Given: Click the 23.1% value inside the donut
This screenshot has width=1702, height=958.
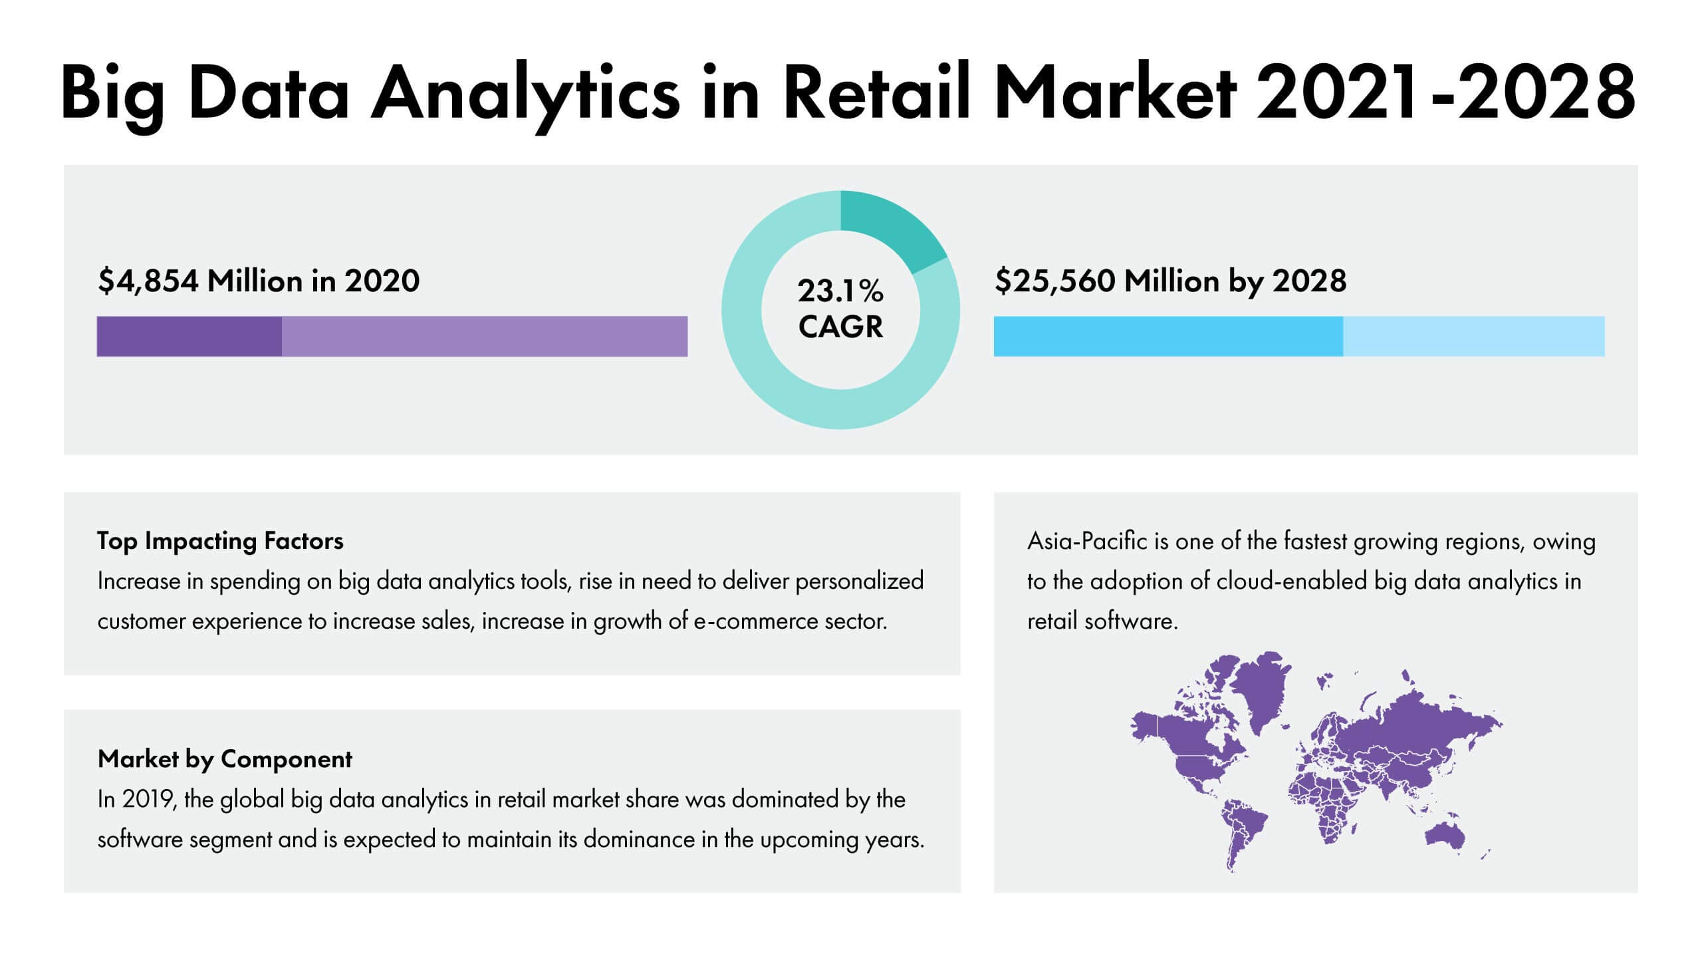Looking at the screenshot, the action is [x=840, y=291].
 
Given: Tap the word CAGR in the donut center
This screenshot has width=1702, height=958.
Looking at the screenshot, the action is [x=840, y=327].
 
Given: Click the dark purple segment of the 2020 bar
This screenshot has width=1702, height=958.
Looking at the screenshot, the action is [x=189, y=337].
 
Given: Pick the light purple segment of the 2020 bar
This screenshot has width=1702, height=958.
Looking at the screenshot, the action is [x=485, y=337].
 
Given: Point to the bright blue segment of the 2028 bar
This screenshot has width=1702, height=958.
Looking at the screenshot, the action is [x=1168, y=337].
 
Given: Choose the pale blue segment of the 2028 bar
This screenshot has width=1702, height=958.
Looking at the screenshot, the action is [x=1474, y=337].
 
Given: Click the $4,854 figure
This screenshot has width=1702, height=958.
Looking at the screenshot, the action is [x=148, y=281].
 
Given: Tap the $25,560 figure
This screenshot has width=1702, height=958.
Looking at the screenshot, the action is [x=1055, y=281].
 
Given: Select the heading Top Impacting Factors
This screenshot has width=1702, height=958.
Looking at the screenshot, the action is [x=220, y=541].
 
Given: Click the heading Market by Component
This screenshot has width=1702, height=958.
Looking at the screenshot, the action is [x=225, y=759].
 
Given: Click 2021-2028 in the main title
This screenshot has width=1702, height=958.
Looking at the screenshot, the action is [x=1446, y=93].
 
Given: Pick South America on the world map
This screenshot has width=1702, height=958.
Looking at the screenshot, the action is [x=1241, y=835].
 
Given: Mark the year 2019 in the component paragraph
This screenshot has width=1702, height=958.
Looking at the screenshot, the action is [x=147, y=799].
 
